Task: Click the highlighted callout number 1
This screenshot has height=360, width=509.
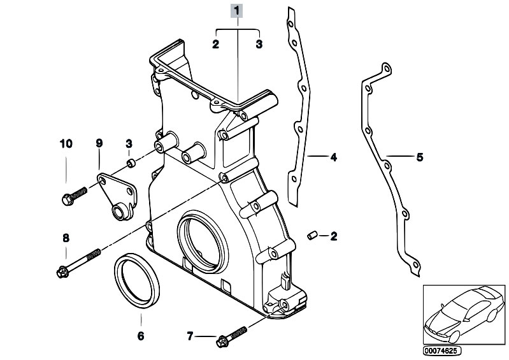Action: pyautogui.click(x=238, y=10)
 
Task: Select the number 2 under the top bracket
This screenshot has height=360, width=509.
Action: pyautogui.click(x=215, y=44)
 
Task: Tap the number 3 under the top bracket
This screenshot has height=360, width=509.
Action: pyautogui.click(x=259, y=44)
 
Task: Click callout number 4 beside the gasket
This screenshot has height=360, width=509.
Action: pyautogui.click(x=333, y=155)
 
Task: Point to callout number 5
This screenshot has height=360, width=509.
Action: pyautogui.click(x=419, y=156)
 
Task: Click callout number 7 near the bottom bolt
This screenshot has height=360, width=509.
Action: pyautogui.click(x=190, y=336)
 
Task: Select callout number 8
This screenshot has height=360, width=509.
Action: pyautogui.click(x=66, y=238)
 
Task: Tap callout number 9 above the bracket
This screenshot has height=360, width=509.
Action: pyautogui.click(x=99, y=143)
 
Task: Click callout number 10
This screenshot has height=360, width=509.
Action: pyautogui.click(x=66, y=143)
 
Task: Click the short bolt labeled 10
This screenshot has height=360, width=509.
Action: pyautogui.click(x=73, y=194)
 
